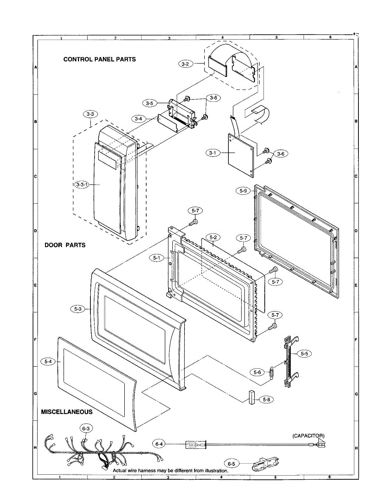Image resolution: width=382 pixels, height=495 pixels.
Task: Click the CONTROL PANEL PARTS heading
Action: [x=100, y=59]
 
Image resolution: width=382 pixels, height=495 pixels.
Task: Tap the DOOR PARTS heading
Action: [x=65, y=245]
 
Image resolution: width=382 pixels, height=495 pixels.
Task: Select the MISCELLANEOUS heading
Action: [x=67, y=412]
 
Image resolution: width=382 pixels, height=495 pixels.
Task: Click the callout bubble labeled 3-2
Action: [x=186, y=64]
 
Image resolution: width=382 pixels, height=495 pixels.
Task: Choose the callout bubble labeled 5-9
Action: [x=243, y=191]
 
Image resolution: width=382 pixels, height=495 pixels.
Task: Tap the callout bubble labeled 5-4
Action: [x=48, y=361]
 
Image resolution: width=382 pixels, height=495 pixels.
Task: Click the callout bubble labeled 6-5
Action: [x=233, y=464]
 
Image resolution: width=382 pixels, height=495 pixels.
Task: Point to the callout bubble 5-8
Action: [x=268, y=399]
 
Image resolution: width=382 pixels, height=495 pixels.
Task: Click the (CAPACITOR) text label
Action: [x=308, y=436]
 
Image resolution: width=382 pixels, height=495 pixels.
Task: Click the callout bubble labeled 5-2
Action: [x=213, y=237]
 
